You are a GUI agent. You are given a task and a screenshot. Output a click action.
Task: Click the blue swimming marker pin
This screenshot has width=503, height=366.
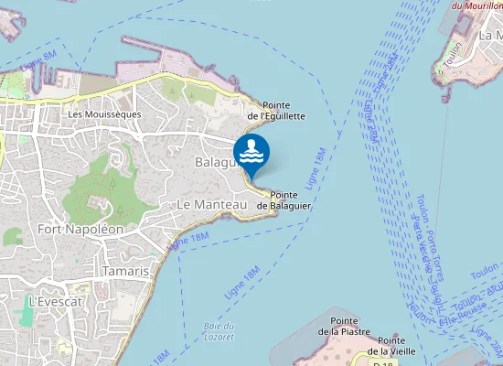click(x=251, y=154)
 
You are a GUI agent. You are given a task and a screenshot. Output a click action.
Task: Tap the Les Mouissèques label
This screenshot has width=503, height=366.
click(x=104, y=113)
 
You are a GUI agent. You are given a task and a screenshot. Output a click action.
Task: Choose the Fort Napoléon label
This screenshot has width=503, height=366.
click(x=80, y=229)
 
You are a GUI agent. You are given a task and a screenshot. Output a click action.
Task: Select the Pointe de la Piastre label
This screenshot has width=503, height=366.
click(x=342, y=326)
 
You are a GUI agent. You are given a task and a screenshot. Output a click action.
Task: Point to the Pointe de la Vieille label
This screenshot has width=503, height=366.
click(x=392, y=345)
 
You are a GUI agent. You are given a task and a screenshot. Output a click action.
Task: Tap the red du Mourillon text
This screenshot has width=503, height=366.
click(x=476, y=5)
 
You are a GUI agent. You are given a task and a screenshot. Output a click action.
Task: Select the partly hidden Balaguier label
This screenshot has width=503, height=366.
click(x=216, y=161)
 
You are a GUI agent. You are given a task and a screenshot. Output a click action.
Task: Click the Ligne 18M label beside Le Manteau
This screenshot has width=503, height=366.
click(x=189, y=237)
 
